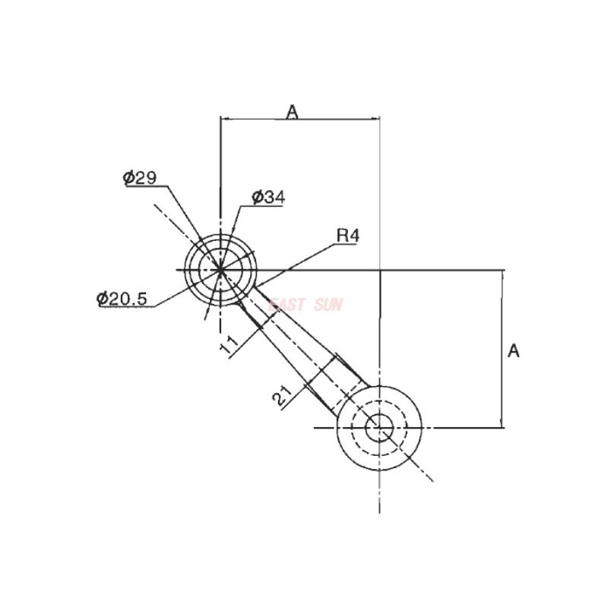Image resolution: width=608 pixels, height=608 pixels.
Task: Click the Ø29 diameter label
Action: tap(140, 178)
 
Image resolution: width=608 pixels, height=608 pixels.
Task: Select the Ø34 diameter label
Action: tap(268, 198)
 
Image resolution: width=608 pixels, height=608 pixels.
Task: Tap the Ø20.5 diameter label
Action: tap(122, 299)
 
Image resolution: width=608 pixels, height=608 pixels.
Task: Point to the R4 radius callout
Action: tap(347, 236)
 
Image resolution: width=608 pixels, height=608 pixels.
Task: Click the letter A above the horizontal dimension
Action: tap(293, 112)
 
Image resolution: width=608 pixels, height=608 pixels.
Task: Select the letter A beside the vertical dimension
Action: tap(514, 351)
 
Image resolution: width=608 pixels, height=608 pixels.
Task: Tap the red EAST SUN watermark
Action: tap(307, 305)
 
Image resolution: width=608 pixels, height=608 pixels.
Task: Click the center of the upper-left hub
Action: tap(220, 270)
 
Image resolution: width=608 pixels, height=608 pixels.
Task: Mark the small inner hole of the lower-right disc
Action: tap(378, 427)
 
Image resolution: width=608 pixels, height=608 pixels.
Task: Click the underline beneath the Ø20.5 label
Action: tap(125, 307)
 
